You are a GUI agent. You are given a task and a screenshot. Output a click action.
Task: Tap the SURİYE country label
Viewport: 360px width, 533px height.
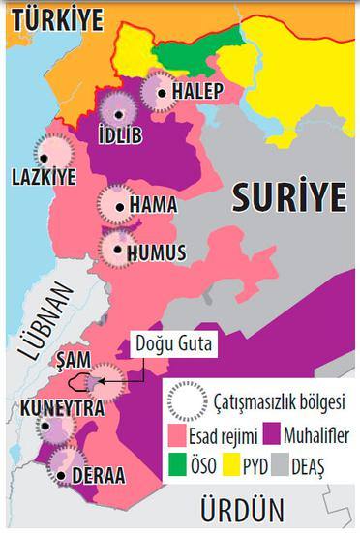click(x=288, y=198)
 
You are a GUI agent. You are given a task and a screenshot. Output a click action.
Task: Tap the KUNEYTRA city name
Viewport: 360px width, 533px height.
click(x=62, y=409)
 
